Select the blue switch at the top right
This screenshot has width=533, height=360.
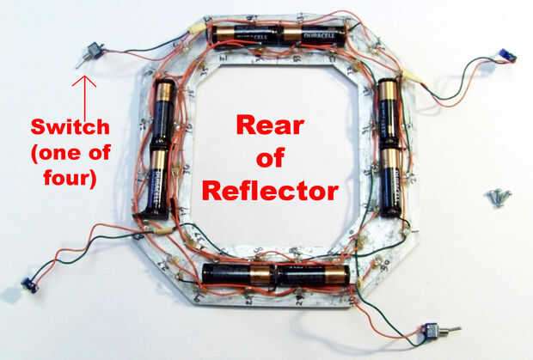[x=507, y=58]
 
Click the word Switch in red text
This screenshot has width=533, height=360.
[x=71, y=127]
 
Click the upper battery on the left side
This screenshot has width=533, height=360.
[x=163, y=114]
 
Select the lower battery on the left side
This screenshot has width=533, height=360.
[x=157, y=181]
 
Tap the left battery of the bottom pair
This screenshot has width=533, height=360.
[x=238, y=273]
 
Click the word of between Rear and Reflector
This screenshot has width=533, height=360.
[x=271, y=159]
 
